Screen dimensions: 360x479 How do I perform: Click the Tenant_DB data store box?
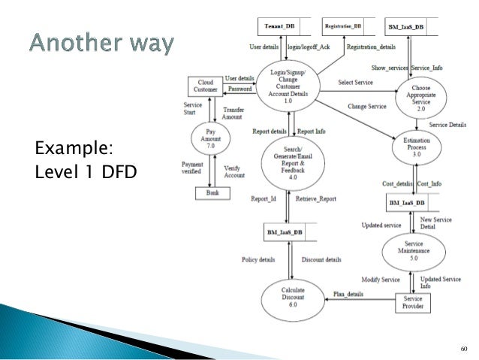[x=279, y=26]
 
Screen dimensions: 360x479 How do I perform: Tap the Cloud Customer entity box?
[x=206, y=86]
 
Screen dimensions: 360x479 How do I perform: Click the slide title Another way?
[x=102, y=45]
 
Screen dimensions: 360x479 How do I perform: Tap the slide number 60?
[x=463, y=348]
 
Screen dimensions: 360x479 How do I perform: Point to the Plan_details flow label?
[x=348, y=293]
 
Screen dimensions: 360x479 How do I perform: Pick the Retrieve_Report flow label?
[x=315, y=199]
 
